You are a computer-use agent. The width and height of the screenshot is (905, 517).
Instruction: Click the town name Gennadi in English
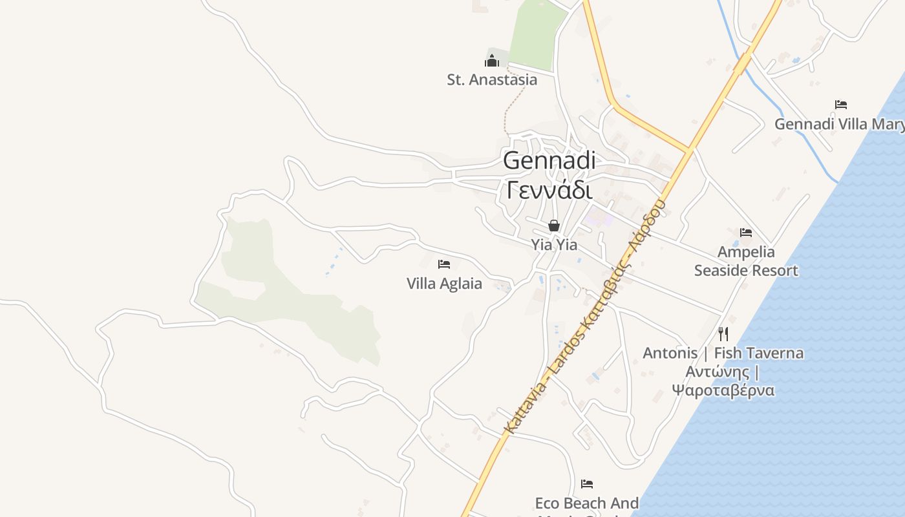549,160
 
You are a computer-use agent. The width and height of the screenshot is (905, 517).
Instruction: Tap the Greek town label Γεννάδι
549,190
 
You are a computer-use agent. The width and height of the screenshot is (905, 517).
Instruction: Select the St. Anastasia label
492,79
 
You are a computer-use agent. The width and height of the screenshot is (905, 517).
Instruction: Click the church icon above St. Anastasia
492,61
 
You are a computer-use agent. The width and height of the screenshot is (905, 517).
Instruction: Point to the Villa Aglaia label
444,283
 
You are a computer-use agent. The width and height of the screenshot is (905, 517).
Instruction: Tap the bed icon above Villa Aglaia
444,264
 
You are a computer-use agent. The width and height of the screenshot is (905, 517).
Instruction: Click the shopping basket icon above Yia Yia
554,226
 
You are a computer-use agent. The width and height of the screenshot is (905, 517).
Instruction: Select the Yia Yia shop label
554,245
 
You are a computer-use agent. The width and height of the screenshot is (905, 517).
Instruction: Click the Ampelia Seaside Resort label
746,261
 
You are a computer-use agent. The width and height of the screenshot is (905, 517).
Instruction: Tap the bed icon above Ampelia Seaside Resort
746,233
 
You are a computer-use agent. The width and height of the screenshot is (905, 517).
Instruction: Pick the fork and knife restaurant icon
723,334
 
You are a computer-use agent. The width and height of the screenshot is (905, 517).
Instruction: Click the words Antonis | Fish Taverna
723,353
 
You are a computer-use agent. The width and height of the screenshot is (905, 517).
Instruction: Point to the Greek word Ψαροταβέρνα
723,390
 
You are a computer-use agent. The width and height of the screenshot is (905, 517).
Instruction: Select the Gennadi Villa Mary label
839,123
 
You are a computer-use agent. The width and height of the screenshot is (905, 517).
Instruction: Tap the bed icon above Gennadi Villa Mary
840,104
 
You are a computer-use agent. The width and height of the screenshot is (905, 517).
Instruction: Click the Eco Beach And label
586,503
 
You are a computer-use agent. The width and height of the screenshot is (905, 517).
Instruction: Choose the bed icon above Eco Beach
586,483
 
